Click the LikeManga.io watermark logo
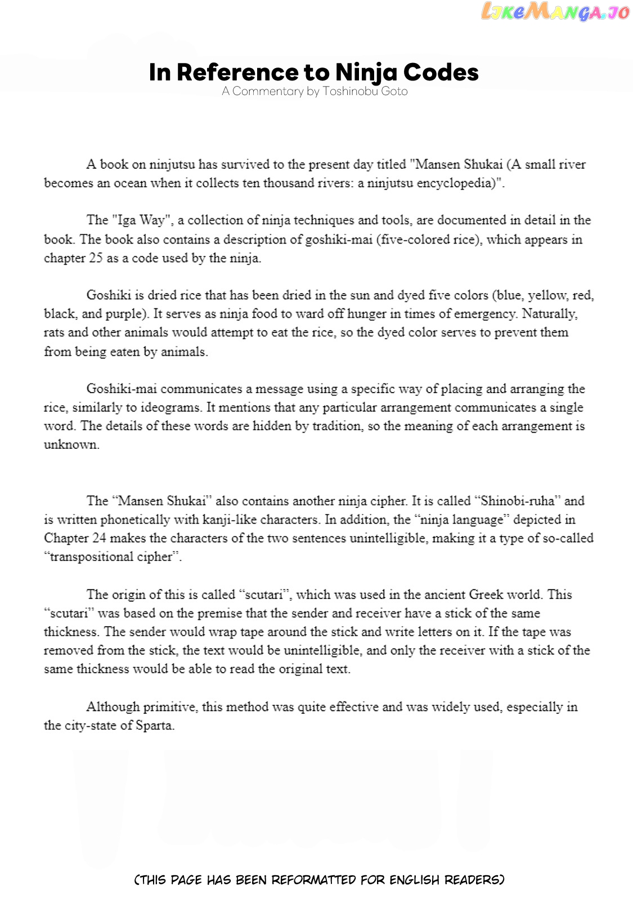point(555,12)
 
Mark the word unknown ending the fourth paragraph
point(71,445)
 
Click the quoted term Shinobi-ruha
point(518,501)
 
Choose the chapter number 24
point(99,538)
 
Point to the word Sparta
point(154,726)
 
